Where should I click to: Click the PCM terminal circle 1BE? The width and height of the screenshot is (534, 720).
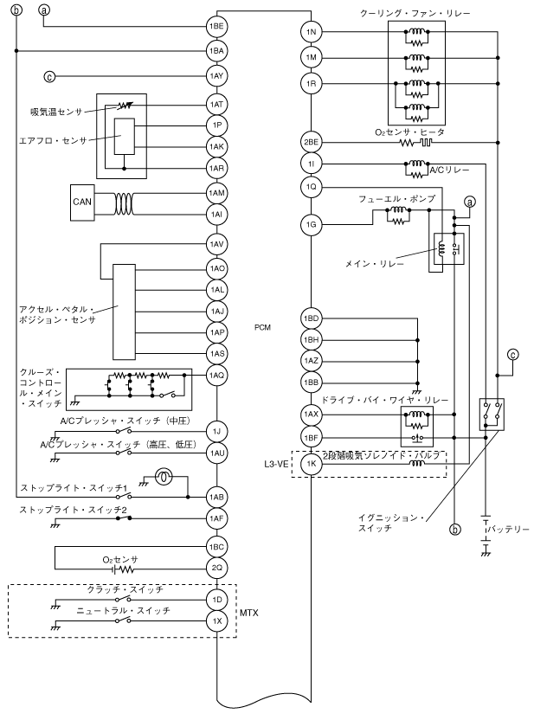(216, 26)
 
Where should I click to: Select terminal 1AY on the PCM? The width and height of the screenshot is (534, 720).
(216, 76)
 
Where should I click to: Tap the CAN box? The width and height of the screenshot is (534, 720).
(82, 202)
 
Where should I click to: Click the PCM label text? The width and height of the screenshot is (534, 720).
(262, 327)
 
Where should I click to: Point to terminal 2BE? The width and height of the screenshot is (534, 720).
(312, 142)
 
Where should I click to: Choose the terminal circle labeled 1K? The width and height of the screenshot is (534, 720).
(312, 464)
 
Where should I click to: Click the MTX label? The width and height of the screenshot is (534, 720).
(249, 613)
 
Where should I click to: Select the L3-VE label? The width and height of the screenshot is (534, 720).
(276, 464)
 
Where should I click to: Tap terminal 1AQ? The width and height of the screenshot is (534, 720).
(216, 376)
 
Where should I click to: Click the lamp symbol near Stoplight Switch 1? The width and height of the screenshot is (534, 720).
(164, 478)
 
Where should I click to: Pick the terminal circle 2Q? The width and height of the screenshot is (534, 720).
(216, 568)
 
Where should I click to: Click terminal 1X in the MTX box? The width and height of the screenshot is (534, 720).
(216, 621)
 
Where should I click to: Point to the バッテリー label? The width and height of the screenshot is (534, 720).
(508, 530)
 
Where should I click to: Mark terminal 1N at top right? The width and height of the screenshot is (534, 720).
(312, 32)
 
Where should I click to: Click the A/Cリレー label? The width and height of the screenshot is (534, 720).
(449, 170)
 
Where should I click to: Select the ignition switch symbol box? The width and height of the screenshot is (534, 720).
(492, 414)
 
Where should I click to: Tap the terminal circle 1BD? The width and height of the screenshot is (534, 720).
(312, 318)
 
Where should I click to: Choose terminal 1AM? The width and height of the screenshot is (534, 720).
(216, 193)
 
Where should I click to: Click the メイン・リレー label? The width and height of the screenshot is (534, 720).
(375, 264)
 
